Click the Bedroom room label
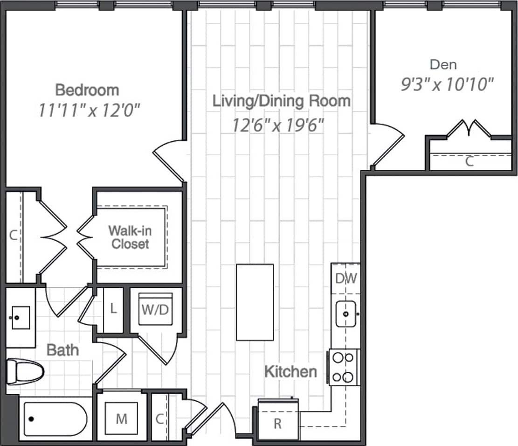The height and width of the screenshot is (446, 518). pyautogui.click(x=87, y=90)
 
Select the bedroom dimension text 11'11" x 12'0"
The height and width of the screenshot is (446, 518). pyautogui.click(x=90, y=111)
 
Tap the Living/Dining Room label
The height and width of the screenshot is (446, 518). pyautogui.click(x=281, y=101)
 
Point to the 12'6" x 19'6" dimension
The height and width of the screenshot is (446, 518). pyautogui.click(x=278, y=125)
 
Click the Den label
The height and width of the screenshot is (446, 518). pyautogui.click(x=443, y=64)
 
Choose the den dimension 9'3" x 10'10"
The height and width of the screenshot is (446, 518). pyautogui.click(x=447, y=84)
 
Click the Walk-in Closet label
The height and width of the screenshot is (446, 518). pyautogui.click(x=130, y=237)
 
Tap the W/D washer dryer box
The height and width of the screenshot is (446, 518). pyautogui.click(x=156, y=309)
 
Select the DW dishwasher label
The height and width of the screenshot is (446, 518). pyautogui.click(x=346, y=279)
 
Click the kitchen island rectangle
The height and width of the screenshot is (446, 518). pyautogui.click(x=255, y=302)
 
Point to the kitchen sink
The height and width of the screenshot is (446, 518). pyautogui.click(x=346, y=314)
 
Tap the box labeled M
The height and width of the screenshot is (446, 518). pyautogui.click(x=121, y=419)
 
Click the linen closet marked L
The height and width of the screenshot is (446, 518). pyautogui.click(x=113, y=309)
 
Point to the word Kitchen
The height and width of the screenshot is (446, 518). pyautogui.click(x=290, y=372)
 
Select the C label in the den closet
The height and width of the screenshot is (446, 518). pyautogui.click(x=470, y=162)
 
